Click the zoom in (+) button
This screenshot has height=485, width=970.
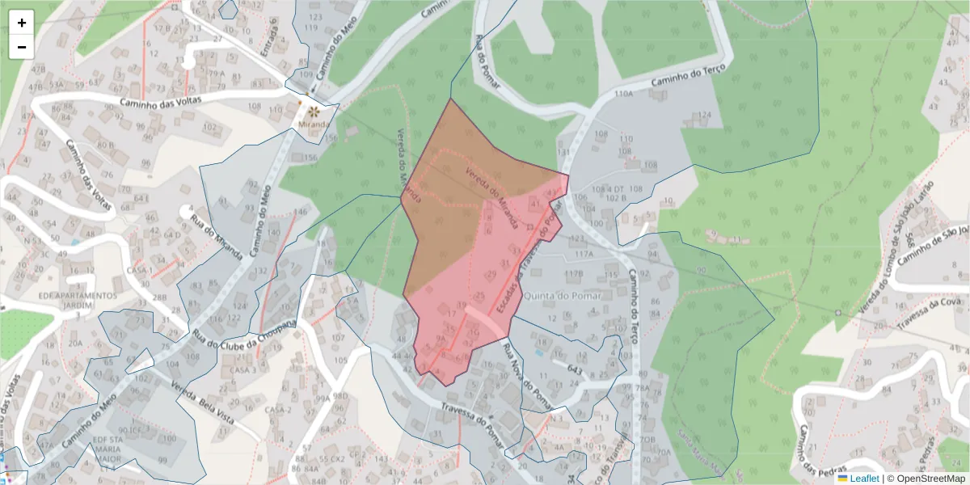pos(22,23)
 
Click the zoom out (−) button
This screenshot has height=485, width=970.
pos(22,47)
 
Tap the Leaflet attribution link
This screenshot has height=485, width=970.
pos(863,479)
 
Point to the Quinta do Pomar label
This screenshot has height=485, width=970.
pos(563,295)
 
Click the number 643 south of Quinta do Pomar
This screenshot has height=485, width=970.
pos(575,369)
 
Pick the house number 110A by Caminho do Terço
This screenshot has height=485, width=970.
pos(623,95)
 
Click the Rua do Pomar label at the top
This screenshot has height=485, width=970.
pos(487,61)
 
